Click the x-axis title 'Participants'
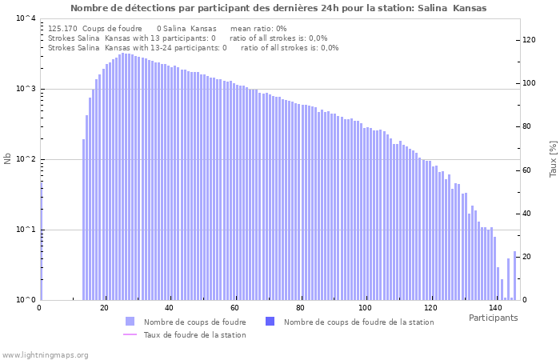pos(493,318)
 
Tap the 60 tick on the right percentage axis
pos(527,170)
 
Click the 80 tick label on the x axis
pos(301,308)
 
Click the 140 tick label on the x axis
pos(495,308)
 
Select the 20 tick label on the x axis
pos(104,308)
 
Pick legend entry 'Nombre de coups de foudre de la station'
pos(358,322)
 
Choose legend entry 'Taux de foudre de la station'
pos(194,334)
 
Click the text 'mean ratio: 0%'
pos(258,28)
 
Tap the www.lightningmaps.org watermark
pos(46,354)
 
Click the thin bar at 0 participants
pos(42,240)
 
